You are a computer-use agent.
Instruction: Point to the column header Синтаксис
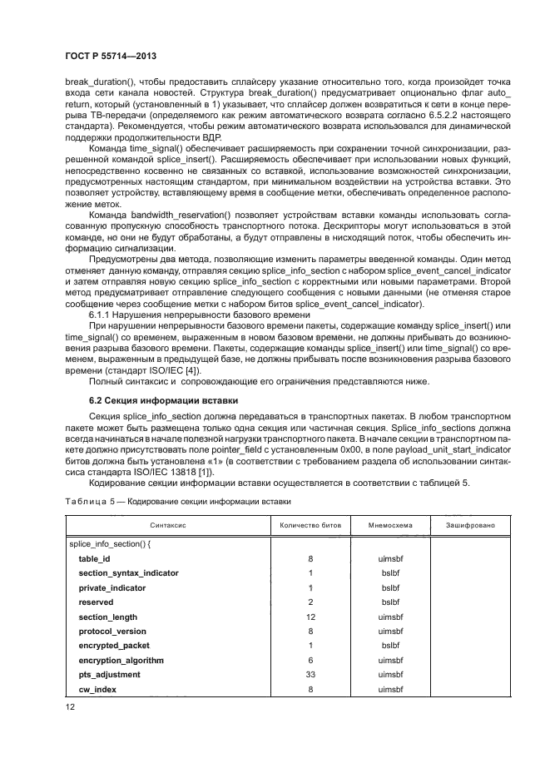[x=168, y=525]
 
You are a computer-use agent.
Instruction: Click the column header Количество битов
[x=310, y=525]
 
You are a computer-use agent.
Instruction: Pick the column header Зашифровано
[x=470, y=525]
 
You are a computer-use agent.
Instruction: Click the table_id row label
[x=94, y=559]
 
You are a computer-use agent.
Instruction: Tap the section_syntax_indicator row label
[x=128, y=573]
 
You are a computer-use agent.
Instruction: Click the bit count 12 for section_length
[x=310, y=617]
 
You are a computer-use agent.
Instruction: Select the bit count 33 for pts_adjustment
[x=310, y=674]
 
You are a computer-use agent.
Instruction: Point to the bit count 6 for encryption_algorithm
[x=310, y=660]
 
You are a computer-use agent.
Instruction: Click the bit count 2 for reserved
[x=310, y=602]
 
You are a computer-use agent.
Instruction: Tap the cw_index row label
[x=97, y=689]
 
